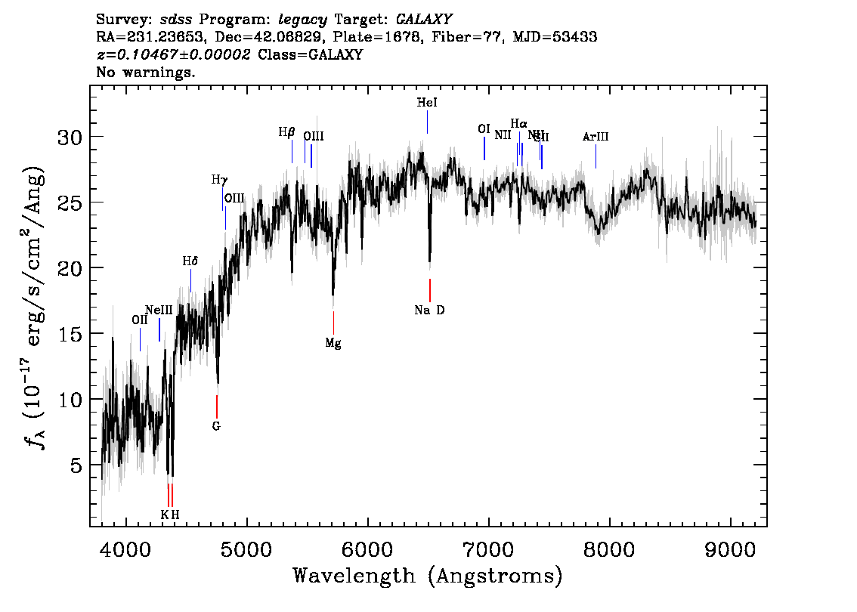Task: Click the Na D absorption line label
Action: (x=429, y=310)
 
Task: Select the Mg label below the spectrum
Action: (x=333, y=343)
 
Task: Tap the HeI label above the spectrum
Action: (x=427, y=103)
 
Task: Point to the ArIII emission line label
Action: (x=596, y=137)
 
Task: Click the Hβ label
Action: (x=286, y=132)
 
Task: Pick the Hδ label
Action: (x=190, y=261)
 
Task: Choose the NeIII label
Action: (x=159, y=310)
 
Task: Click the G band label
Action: (x=216, y=426)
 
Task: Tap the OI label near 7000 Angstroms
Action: (x=484, y=129)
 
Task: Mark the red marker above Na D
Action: (x=430, y=290)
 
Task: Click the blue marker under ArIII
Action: (x=596, y=156)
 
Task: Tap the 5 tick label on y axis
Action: (x=76, y=465)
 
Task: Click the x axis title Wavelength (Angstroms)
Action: (x=428, y=576)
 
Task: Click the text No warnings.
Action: (x=147, y=73)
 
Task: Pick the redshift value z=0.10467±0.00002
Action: (x=174, y=54)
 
